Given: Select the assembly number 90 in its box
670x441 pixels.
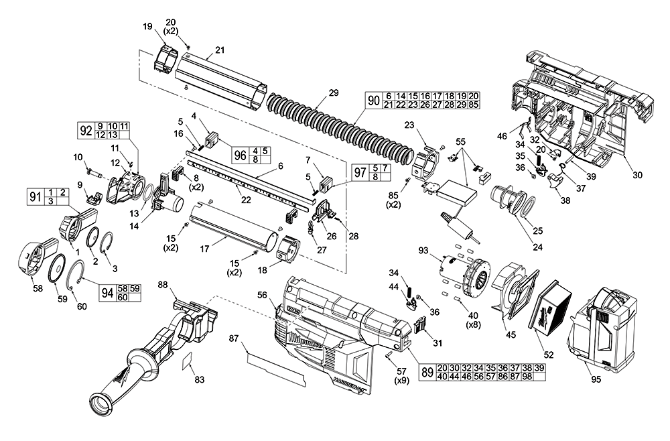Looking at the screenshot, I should click(374, 102).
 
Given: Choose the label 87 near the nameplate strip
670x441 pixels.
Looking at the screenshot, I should click(233, 338).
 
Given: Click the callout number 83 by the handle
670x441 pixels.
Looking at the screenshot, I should click(199, 379).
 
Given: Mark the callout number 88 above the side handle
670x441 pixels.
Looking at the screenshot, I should click(163, 285).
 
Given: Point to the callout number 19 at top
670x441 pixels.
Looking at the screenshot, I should click(147, 26).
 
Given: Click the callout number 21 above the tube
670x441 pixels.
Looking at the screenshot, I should click(219, 51).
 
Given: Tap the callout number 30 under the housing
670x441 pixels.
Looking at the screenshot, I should click(636, 175).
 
